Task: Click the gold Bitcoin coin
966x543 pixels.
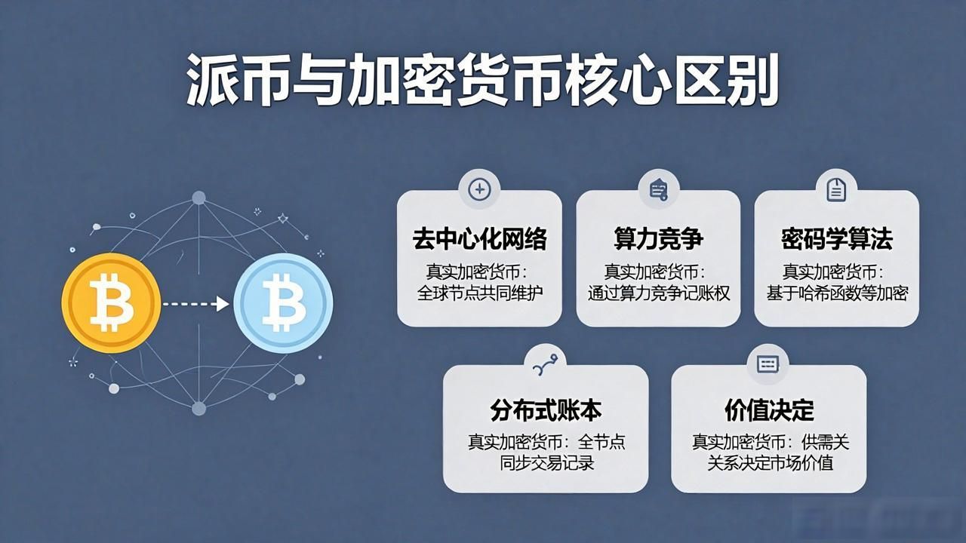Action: (x=111, y=303)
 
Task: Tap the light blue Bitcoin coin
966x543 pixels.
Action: (x=283, y=303)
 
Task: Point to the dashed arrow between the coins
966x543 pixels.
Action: (x=195, y=304)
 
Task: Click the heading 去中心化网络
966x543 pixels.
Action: (x=479, y=239)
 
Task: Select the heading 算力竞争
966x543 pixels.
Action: (x=659, y=239)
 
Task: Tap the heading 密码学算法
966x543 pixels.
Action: (x=837, y=239)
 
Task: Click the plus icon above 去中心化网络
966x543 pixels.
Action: (x=479, y=189)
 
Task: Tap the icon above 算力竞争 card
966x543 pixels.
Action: (x=659, y=189)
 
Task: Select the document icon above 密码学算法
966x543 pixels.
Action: (x=836, y=189)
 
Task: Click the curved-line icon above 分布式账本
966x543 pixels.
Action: (x=546, y=365)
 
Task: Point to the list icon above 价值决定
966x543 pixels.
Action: (x=768, y=364)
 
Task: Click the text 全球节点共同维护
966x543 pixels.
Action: (x=479, y=293)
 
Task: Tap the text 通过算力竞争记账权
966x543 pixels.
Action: (x=659, y=293)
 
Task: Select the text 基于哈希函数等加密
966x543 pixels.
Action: (x=837, y=293)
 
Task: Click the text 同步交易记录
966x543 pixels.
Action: (x=547, y=463)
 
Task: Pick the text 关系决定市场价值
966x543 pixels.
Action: (x=770, y=463)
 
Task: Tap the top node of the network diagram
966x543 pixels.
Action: (x=198, y=198)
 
